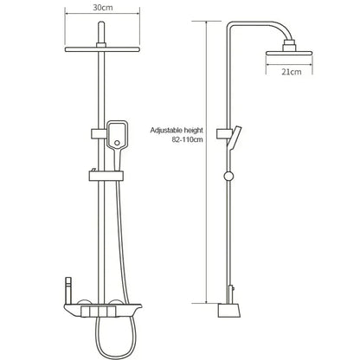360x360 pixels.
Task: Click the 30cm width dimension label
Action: pos(102,7)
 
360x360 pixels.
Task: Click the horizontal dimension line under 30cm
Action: pos(101,16)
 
